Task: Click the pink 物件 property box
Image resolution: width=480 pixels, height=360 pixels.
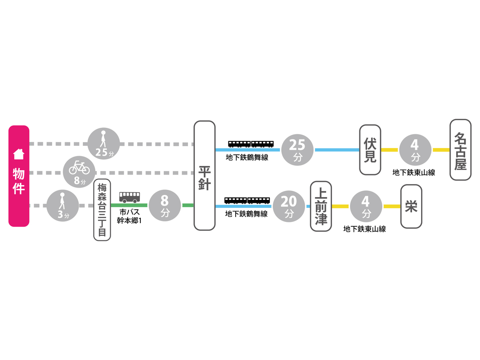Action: point(19,176)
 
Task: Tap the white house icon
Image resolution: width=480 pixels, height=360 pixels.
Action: point(19,154)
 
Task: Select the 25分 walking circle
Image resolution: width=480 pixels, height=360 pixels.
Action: point(104,144)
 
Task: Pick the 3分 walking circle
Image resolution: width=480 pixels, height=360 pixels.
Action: point(63,206)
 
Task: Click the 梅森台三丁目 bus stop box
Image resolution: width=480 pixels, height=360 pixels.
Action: point(102,210)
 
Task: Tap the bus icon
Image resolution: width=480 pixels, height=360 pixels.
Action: point(130,197)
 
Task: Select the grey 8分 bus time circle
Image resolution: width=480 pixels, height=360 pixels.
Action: point(165,206)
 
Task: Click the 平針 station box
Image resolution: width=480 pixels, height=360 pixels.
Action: point(204,175)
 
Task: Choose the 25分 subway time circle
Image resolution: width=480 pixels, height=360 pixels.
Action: point(297,150)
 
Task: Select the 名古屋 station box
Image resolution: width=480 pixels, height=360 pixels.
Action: point(460,150)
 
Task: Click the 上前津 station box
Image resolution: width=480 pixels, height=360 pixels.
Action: point(321,206)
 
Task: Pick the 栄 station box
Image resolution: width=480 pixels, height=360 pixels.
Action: point(411,206)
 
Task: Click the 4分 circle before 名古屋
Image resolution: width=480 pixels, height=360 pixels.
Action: point(415,150)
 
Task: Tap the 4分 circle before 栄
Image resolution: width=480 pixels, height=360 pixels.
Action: point(366,206)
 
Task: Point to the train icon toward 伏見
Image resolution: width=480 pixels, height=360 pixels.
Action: point(251,144)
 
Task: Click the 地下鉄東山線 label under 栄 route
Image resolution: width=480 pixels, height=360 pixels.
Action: point(365,229)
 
